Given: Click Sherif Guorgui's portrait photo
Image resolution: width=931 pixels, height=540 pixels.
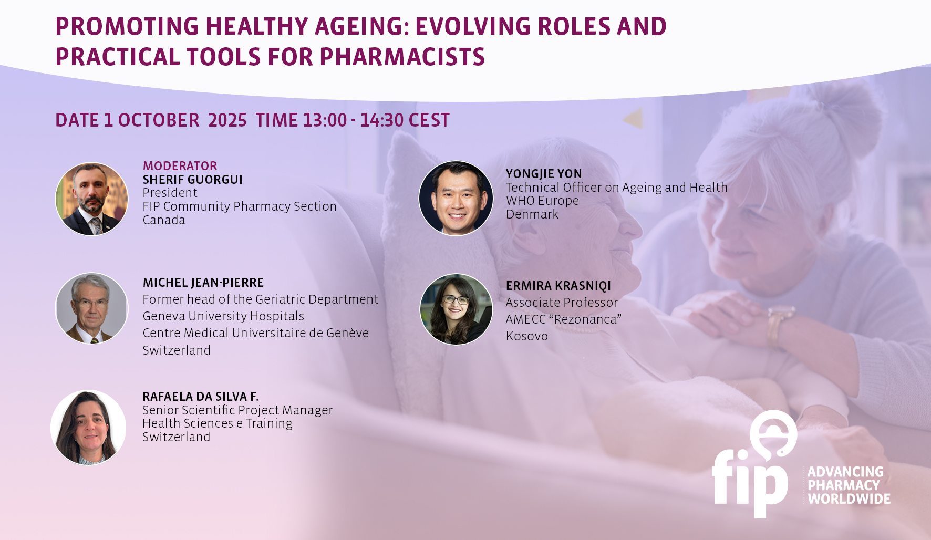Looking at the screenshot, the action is [92, 199].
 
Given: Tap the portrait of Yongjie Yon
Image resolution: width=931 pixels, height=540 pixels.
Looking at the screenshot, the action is [456, 198].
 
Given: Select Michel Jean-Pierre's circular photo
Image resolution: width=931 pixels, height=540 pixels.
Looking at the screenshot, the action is [92, 308].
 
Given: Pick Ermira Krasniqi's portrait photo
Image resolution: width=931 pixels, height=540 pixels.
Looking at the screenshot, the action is [456, 309].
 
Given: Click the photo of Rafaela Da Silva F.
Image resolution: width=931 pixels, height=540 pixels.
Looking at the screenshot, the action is [88, 427].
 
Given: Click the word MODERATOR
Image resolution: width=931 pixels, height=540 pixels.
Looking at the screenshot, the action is [180, 166].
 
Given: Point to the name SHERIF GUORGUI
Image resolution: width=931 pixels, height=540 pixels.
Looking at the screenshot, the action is [193, 180].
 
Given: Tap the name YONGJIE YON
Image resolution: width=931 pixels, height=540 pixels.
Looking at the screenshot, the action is [544, 174].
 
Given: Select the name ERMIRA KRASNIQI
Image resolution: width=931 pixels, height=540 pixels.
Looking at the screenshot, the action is [558, 286].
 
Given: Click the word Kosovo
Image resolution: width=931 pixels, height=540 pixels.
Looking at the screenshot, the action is [527, 336].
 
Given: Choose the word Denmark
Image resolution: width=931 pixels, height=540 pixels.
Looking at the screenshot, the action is [532, 214].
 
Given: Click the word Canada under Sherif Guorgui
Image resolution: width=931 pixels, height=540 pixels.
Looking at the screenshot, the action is [164, 220].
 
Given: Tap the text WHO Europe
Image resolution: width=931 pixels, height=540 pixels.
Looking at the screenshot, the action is [542, 201].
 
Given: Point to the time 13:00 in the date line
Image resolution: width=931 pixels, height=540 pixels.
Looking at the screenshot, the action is [325, 120].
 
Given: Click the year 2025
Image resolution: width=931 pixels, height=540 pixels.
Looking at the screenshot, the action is [227, 120].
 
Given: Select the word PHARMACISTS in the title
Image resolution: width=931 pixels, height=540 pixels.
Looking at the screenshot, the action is [402, 57].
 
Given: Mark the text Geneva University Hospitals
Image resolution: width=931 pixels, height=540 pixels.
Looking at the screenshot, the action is [223, 316].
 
